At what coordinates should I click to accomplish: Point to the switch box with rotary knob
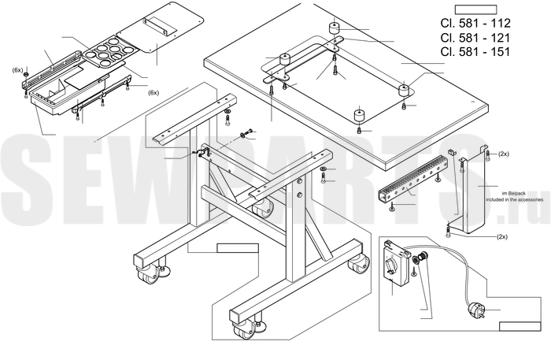pyautogui.click(x=394, y=262)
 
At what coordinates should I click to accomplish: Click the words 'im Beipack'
pyautogui.click(x=503, y=193)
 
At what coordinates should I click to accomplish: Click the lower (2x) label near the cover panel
pyautogui.click(x=501, y=236)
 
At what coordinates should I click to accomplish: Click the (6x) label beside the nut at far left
pyautogui.click(x=17, y=70)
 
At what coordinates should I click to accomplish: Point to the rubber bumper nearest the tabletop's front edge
pyautogui.click(x=360, y=117)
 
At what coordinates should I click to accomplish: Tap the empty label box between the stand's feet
pyautogui.click(x=237, y=248)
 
